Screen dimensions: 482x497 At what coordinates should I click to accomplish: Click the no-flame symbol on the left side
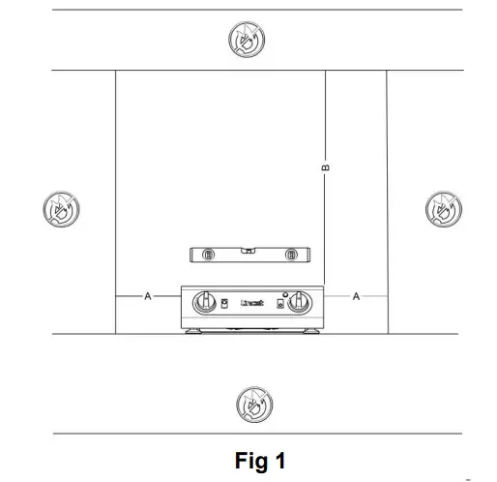point(61,208)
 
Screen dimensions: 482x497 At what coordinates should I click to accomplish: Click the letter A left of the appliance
point(148,296)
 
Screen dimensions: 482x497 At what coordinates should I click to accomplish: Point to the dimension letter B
point(326,168)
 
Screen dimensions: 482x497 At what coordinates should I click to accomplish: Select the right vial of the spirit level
point(289,256)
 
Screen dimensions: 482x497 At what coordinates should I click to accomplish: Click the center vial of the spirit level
point(249,251)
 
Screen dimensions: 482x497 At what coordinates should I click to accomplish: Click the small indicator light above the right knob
point(284,292)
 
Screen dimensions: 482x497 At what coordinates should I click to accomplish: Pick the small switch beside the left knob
point(224,305)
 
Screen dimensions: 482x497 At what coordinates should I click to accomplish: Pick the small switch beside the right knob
point(280,305)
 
